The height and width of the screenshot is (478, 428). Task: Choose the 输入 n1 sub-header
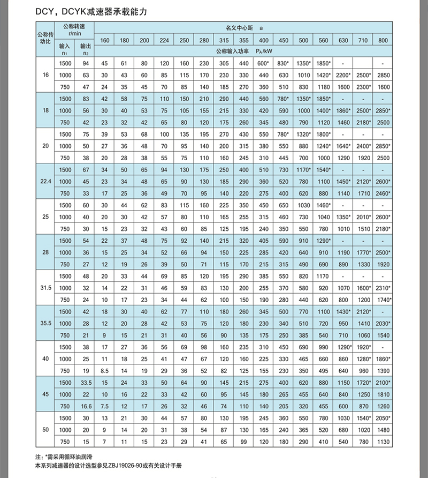tap(64, 49)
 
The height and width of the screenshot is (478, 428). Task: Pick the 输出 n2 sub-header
tap(84, 49)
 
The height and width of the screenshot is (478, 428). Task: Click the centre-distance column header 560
tap(323, 41)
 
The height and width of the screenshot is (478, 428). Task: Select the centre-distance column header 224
tap(164, 41)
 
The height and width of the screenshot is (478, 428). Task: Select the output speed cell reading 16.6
tap(84, 406)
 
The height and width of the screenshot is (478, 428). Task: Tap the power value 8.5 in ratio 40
tap(104, 371)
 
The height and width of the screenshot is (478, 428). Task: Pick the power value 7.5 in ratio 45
tap(104, 406)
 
